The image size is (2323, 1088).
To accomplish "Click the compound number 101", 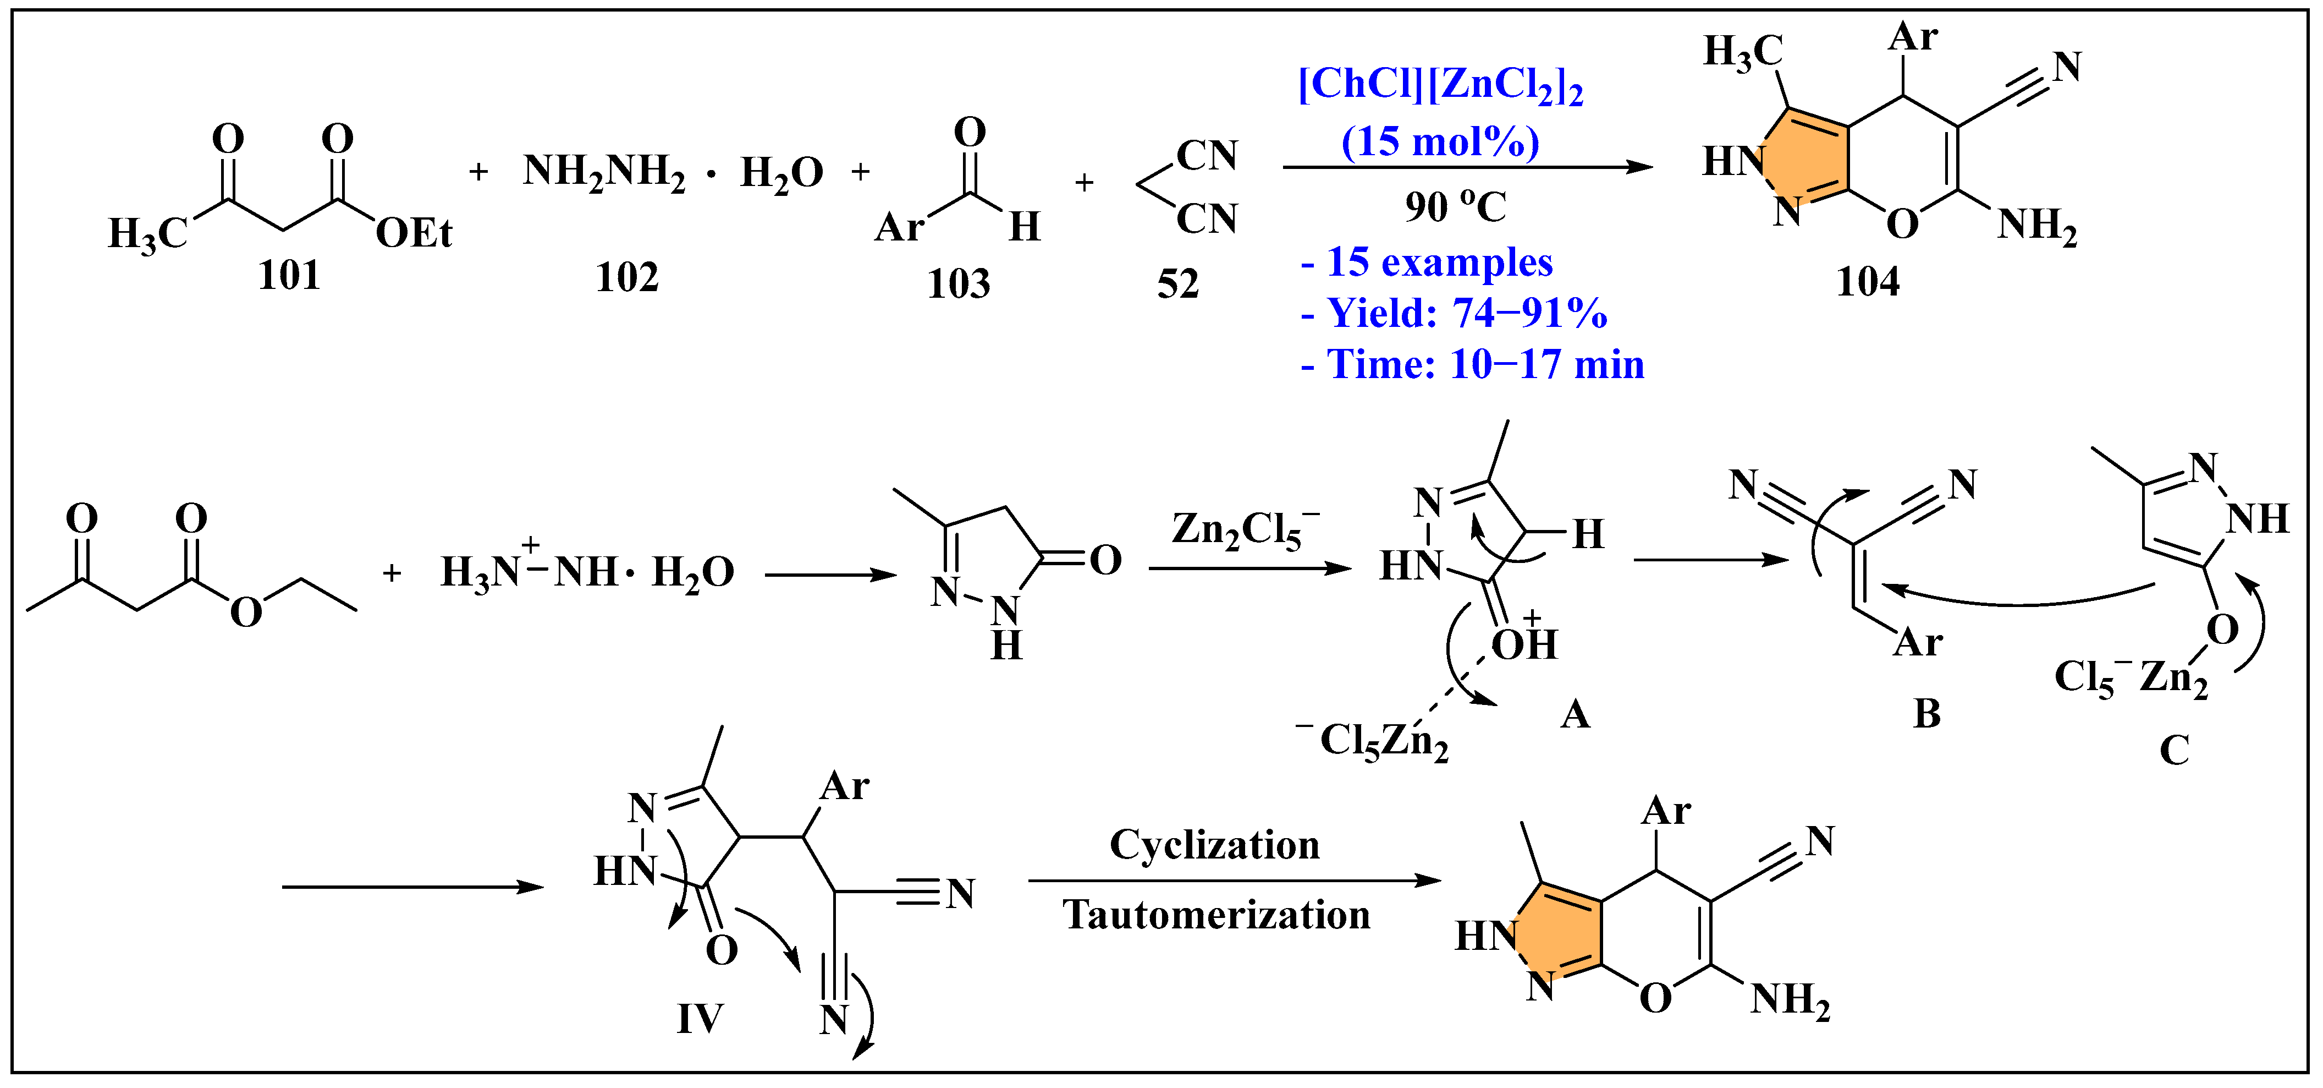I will pyautogui.click(x=289, y=275).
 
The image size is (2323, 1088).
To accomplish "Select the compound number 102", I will pyautogui.click(x=627, y=277).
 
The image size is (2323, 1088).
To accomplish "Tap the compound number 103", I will pyautogui.click(x=959, y=284).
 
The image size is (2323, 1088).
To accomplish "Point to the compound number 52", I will pyautogui.click(x=1178, y=284).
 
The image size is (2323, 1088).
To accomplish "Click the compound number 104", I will pyautogui.click(x=1868, y=281).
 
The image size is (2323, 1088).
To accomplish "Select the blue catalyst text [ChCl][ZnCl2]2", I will pyautogui.click(x=1440, y=86).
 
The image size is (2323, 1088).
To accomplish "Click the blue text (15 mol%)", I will pyautogui.click(x=1440, y=141).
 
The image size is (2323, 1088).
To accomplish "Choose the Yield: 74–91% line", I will pyautogui.click(x=1454, y=313).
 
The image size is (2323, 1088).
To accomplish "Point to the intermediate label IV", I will pyautogui.click(x=700, y=1019).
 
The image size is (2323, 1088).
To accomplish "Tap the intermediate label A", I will pyautogui.click(x=1575, y=714).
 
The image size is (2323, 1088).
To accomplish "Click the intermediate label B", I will pyautogui.click(x=1927, y=714).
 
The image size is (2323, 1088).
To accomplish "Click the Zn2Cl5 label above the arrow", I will pyautogui.click(x=1245, y=531).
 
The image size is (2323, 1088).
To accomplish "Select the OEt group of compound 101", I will pyautogui.click(x=414, y=234).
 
